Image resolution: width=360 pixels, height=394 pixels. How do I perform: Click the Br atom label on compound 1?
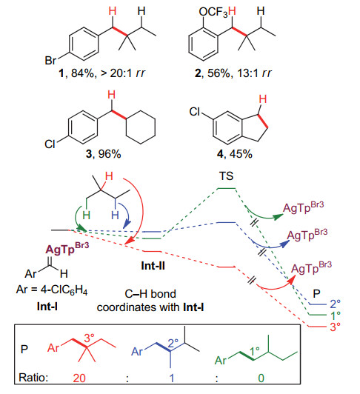coord(50,61)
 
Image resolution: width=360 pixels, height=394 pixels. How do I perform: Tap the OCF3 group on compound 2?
coord(213,12)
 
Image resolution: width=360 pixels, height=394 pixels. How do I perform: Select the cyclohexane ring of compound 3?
coord(141,127)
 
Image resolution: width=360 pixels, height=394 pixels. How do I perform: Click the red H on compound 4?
coord(263,99)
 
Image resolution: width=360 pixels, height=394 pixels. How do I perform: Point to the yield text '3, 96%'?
coord(103,154)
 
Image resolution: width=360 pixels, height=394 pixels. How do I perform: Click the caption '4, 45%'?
coord(235,154)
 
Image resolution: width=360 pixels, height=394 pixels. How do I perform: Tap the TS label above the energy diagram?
coord(226,176)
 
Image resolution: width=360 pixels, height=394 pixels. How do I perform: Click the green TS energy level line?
coord(226,188)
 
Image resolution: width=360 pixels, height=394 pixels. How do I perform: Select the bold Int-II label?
coord(153,266)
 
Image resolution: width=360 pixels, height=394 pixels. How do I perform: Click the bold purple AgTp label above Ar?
coord(67,249)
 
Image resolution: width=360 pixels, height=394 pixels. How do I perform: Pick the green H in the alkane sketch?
coord(86,216)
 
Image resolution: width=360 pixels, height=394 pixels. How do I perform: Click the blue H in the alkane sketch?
coord(115,216)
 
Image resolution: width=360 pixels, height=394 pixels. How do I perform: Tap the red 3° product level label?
coord(335,327)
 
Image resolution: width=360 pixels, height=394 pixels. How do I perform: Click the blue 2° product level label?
coord(335,304)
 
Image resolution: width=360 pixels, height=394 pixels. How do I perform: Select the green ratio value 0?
coord(261,378)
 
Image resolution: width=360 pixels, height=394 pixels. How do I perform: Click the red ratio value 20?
coord(79,378)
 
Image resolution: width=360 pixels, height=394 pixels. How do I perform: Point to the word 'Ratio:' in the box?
coord(33,378)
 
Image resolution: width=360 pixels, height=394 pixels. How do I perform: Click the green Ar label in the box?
coord(221,361)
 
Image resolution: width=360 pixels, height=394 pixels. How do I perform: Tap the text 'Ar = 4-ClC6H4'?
coord(52,290)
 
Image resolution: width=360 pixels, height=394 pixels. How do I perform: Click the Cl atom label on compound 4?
coord(195,112)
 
